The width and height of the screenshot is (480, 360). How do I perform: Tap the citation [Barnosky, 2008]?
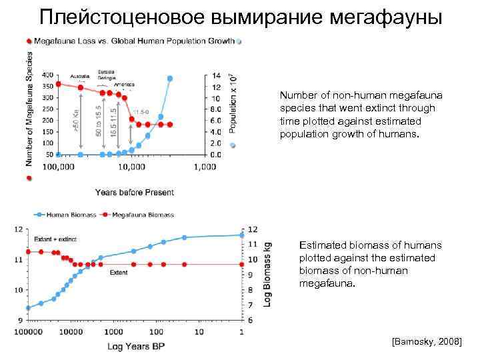(x=427, y=341)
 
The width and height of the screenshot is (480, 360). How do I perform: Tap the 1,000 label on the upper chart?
(x=205, y=167)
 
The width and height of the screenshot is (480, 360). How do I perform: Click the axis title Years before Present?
(x=134, y=192)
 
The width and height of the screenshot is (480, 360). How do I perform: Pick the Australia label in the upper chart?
(x=80, y=75)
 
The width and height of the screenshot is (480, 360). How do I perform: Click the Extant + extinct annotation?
(x=55, y=239)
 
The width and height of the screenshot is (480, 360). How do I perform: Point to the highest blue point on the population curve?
(x=170, y=79)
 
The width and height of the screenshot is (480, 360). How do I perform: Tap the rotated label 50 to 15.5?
(x=99, y=121)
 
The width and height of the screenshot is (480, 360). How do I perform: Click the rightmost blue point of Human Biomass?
(x=241, y=235)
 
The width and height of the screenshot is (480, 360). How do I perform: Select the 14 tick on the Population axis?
(x=215, y=75)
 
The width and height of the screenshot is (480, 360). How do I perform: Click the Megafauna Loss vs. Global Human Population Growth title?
(x=134, y=41)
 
